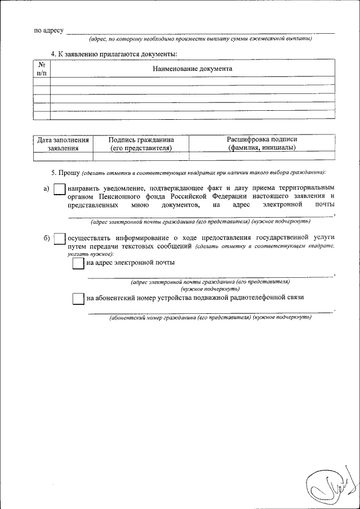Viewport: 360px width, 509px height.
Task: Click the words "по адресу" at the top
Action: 48,30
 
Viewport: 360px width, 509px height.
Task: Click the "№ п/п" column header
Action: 42,69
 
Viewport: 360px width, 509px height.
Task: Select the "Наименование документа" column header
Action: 192,69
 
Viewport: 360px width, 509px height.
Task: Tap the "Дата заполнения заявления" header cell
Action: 62,143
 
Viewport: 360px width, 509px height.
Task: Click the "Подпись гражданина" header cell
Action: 141,143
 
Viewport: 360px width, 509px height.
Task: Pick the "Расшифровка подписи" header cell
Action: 262,143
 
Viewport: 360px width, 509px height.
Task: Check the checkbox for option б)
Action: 59,239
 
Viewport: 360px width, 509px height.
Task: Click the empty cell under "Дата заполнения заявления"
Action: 62,156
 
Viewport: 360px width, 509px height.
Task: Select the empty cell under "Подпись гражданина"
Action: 141,156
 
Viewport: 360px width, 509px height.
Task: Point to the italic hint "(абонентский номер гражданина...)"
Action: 210,318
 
